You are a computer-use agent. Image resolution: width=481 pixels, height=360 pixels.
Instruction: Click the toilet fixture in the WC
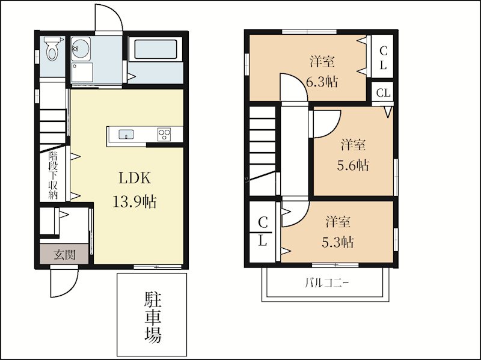(52, 49)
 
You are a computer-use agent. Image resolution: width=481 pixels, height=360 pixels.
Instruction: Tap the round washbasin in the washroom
(81, 49)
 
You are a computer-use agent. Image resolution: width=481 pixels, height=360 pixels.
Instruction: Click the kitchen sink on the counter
(126, 134)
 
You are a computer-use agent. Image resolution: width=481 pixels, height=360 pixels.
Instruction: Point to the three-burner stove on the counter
(164, 134)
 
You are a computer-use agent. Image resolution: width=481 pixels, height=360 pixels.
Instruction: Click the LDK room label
(135, 178)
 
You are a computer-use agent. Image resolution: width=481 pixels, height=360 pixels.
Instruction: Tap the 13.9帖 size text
(135, 202)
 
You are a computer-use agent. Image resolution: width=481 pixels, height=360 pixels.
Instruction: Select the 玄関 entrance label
(64, 254)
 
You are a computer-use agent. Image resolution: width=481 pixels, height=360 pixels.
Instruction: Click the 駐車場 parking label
(153, 317)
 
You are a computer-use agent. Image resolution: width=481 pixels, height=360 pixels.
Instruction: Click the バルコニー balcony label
(327, 282)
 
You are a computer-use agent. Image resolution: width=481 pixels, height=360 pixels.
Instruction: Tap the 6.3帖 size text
(322, 82)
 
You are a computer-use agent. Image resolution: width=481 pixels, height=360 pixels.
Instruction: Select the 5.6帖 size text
(353, 166)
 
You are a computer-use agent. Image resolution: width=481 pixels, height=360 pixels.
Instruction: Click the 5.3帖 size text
(338, 242)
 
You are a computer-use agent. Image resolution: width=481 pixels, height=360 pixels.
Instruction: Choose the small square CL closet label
(383, 93)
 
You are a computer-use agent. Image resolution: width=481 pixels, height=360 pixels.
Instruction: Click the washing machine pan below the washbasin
(82, 72)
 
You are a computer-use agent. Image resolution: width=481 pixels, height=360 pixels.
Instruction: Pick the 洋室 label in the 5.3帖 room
(338, 222)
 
